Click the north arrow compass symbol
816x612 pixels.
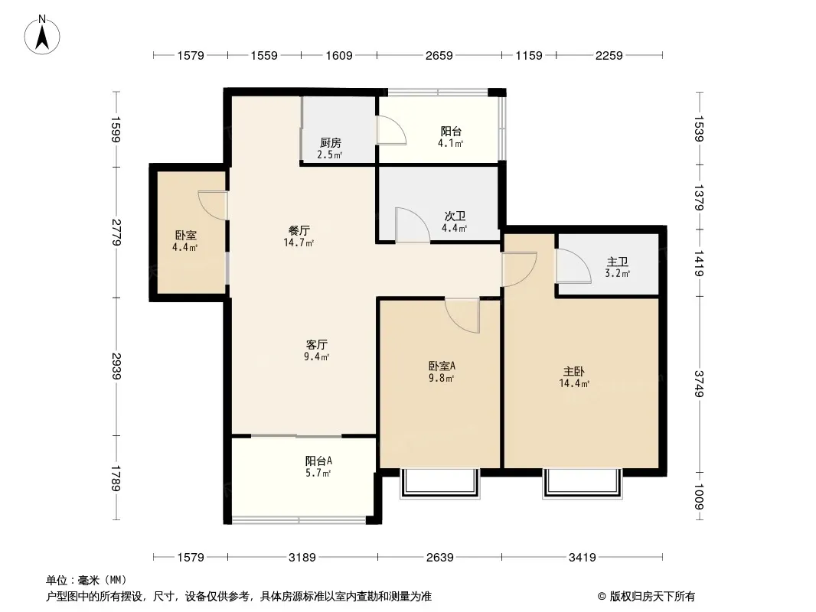42,35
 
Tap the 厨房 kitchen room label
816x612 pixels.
330,142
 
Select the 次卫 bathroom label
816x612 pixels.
455,216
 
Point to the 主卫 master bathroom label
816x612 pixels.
617,262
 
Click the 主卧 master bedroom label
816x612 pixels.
573,371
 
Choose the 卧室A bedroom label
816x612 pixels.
442,366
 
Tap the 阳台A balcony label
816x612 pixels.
318,461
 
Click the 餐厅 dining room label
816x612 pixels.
299,230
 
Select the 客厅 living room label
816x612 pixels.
316,344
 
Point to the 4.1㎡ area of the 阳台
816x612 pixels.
451,144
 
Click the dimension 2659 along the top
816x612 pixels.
439,55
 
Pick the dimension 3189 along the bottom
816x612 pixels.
302,558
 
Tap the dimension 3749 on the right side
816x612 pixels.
699,383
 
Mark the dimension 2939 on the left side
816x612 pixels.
116,366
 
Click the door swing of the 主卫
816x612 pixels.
574,266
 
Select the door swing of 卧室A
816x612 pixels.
462,316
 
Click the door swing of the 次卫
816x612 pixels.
413,225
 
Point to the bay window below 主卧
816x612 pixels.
583,483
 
